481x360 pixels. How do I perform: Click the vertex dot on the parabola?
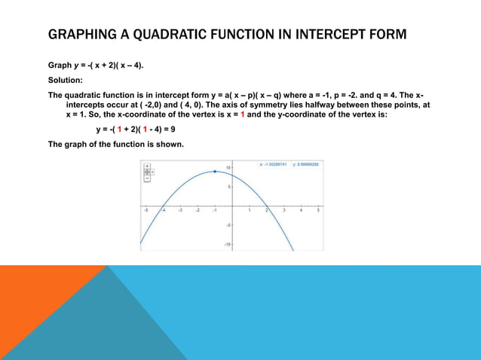pyautogui.click(x=215, y=172)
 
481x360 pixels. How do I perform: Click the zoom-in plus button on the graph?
pyautogui.click(x=146, y=165)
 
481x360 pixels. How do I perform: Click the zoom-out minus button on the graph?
pyautogui.click(x=146, y=178)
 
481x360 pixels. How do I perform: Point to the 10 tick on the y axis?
pyautogui.click(x=228, y=167)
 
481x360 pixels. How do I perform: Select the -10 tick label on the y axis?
pyautogui.click(x=228, y=245)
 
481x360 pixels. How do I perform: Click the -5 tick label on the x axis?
pyautogui.click(x=146, y=211)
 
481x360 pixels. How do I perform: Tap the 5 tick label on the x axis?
pyautogui.click(x=318, y=211)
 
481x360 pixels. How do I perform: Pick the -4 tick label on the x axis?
pyautogui.click(x=164, y=211)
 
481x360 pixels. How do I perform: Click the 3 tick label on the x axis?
pyautogui.click(x=283, y=211)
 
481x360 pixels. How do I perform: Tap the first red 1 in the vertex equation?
pyautogui.click(x=118, y=129)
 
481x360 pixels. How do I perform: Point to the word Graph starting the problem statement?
pyautogui.click(x=60, y=66)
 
